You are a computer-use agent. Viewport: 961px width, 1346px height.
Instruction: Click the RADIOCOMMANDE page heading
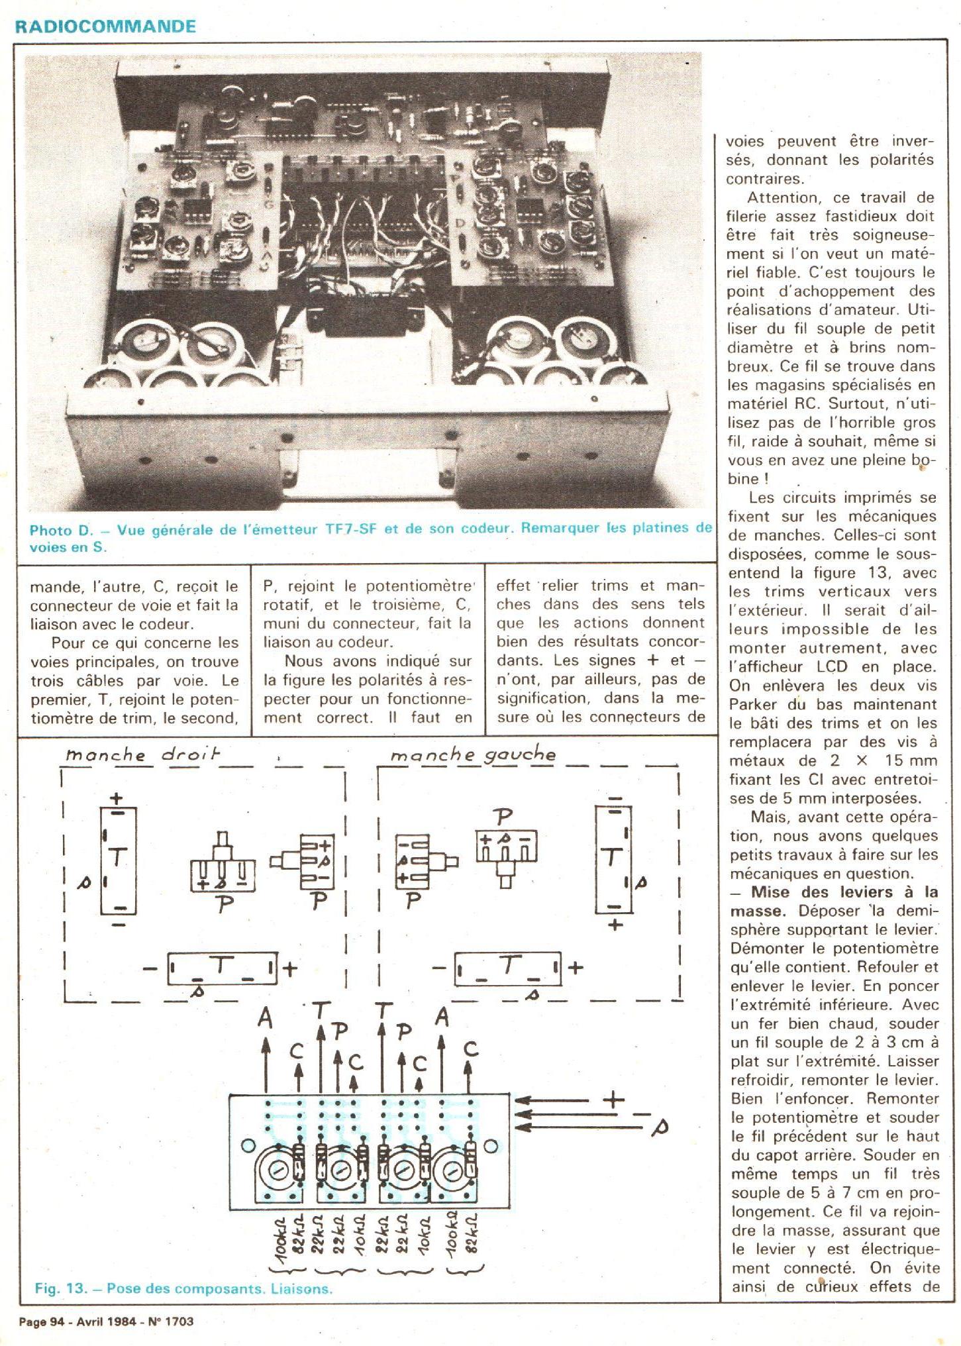(x=105, y=26)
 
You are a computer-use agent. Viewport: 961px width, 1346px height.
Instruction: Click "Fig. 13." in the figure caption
(x=61, y=1288)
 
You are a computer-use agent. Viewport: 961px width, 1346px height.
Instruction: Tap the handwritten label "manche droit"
(x=142, y=754)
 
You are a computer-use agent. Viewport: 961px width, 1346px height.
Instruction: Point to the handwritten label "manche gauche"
(x=473, y=754)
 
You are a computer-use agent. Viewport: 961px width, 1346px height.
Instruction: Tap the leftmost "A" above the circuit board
(x=266, y=1018)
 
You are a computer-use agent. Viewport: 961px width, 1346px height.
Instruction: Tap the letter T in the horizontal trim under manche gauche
(x=509, y=966)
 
